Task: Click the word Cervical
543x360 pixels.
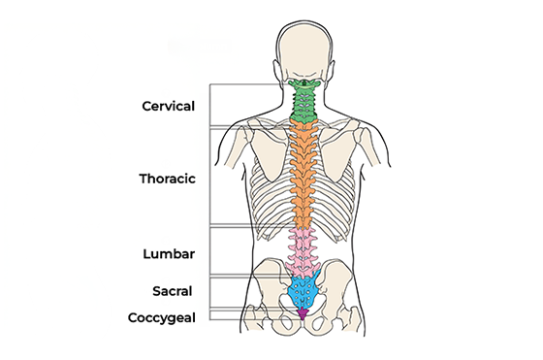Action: click(x=168, y=105)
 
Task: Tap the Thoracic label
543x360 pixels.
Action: click(x=168, y=180)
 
